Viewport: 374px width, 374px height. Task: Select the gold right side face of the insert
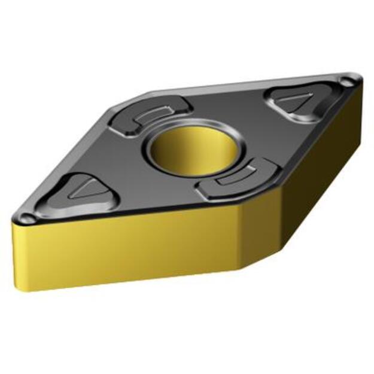(305, 180)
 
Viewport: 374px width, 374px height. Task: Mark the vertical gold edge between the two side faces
(243, 236)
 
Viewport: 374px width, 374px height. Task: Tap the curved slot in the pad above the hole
(152, 114)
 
